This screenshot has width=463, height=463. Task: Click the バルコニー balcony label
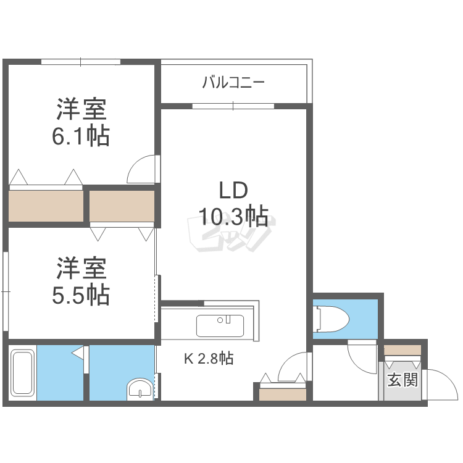[x=233, y=82]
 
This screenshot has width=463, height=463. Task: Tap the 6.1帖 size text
[x=81, y=135]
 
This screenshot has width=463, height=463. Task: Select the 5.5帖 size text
[x=81, y=294]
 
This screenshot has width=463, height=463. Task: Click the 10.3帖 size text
[x=233, y=216]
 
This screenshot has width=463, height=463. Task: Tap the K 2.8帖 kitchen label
[x=208, y=358]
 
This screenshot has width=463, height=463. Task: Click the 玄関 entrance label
[x=402, y=380]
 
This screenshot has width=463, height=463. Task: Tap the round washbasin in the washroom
[x=139, y=391]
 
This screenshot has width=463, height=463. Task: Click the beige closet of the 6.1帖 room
[x=46, y=206]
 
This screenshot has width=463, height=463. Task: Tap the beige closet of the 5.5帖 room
[x=122, y=206]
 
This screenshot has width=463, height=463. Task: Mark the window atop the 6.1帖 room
[x=81, y=62]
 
